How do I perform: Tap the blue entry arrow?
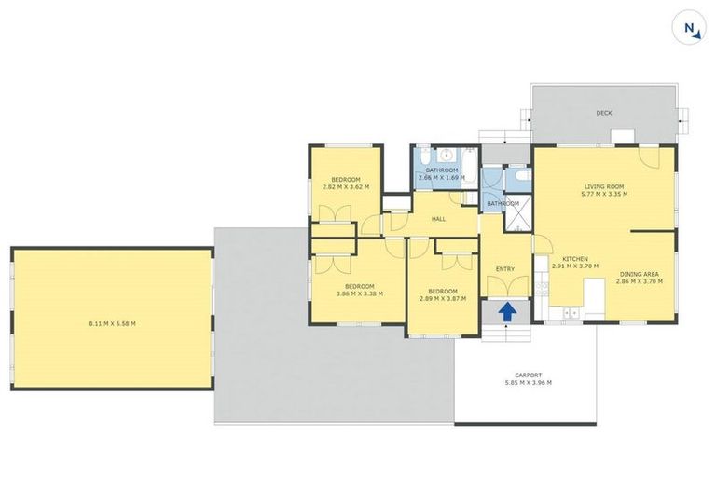(x=506, y=312)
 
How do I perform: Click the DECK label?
(x=604, y=114)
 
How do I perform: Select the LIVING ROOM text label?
(x=603, y=187)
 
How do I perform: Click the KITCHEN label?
(x=574, y=259)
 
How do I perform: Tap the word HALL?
(x=438, y=219)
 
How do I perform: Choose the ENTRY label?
(x=504, y=269)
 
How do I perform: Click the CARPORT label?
(x=528, y=375)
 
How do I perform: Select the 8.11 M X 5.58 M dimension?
(x=112, y=323)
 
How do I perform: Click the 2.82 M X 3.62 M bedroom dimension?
(x=345, y=186)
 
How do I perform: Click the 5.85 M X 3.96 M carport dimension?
(x=528, y=383)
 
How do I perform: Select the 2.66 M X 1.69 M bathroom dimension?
(x=441, y=178)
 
